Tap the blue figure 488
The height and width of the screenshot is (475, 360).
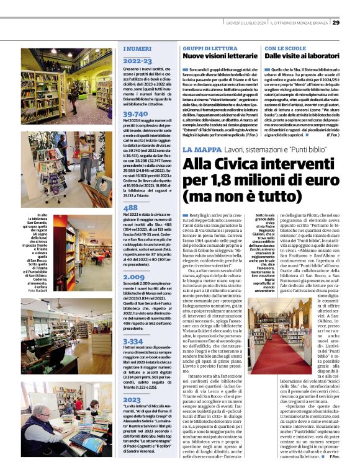pos(130,207)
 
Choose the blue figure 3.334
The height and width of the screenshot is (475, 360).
pos(133,341)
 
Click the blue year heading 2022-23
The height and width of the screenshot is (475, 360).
pos(137,61)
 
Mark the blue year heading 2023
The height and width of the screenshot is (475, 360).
pos(132,399)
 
